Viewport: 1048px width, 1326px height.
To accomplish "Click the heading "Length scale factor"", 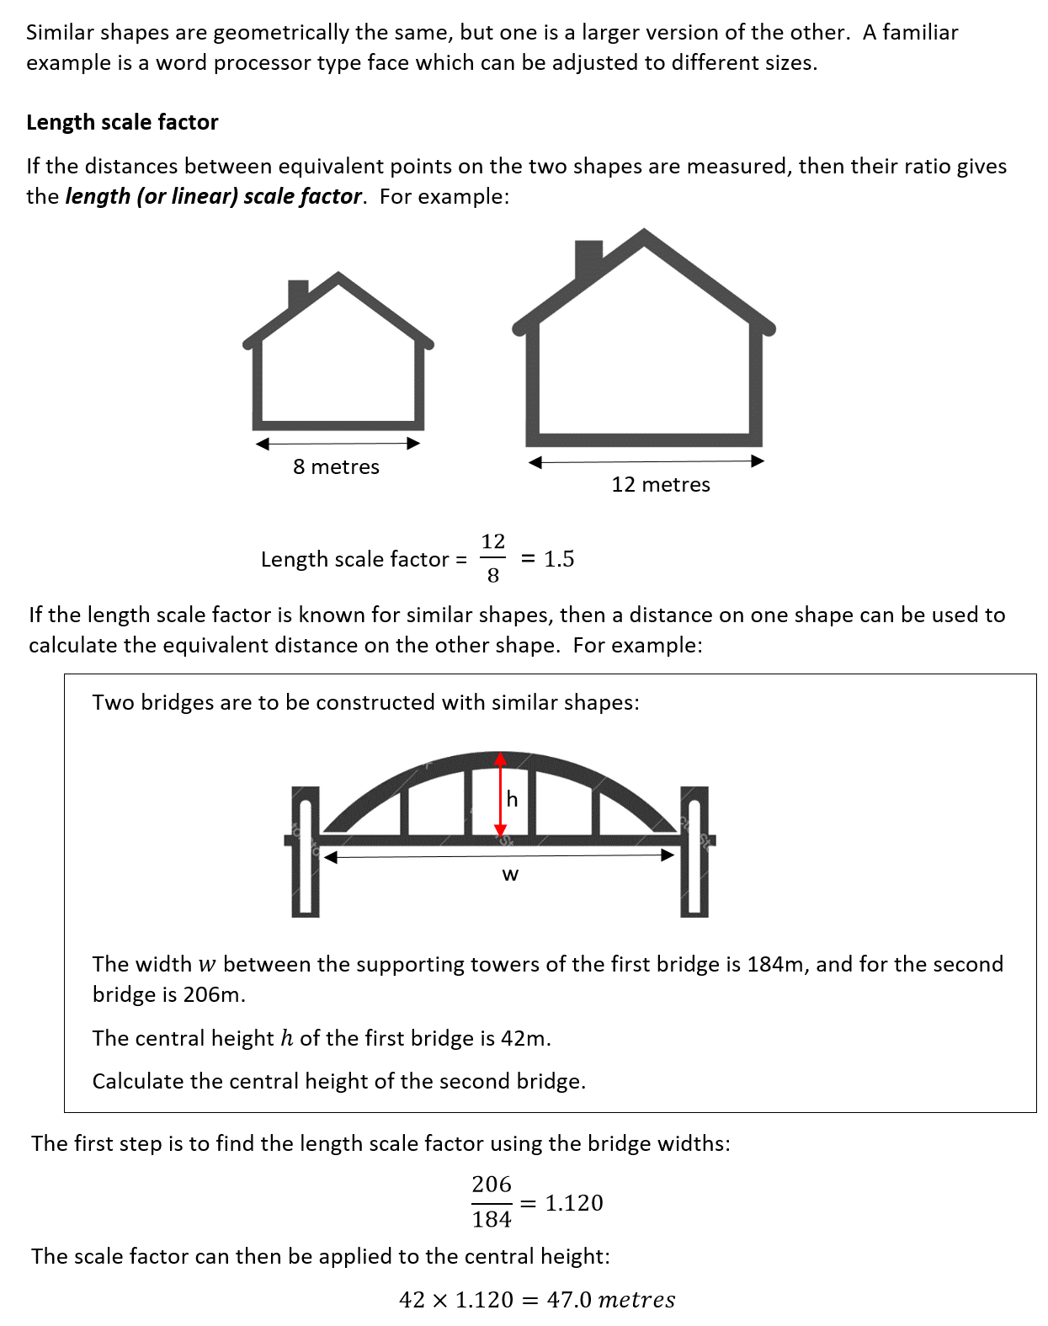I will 122,123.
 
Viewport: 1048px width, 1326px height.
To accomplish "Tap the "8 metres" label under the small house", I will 336,467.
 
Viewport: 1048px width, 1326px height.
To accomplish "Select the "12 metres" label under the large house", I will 661,485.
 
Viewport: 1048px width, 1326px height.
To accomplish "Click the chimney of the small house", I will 297,293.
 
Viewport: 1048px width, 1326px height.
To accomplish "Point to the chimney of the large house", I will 588,257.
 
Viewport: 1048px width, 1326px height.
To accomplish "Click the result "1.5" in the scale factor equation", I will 559,559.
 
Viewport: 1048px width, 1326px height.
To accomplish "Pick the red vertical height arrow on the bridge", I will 501,795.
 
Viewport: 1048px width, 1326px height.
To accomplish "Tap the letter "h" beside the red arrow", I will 512,799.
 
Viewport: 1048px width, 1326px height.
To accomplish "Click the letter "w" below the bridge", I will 510,875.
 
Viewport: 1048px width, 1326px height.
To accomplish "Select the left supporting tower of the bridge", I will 305,852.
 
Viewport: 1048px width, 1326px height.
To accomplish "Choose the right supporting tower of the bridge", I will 694,852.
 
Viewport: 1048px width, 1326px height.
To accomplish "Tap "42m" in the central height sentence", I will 523,1038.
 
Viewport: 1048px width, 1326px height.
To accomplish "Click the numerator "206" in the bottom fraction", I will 492,1185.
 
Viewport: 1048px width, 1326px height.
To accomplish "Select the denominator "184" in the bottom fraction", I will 492,1219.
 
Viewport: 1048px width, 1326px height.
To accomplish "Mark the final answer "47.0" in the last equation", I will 569,1300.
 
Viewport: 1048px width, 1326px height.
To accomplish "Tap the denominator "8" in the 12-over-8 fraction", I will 493,576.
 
